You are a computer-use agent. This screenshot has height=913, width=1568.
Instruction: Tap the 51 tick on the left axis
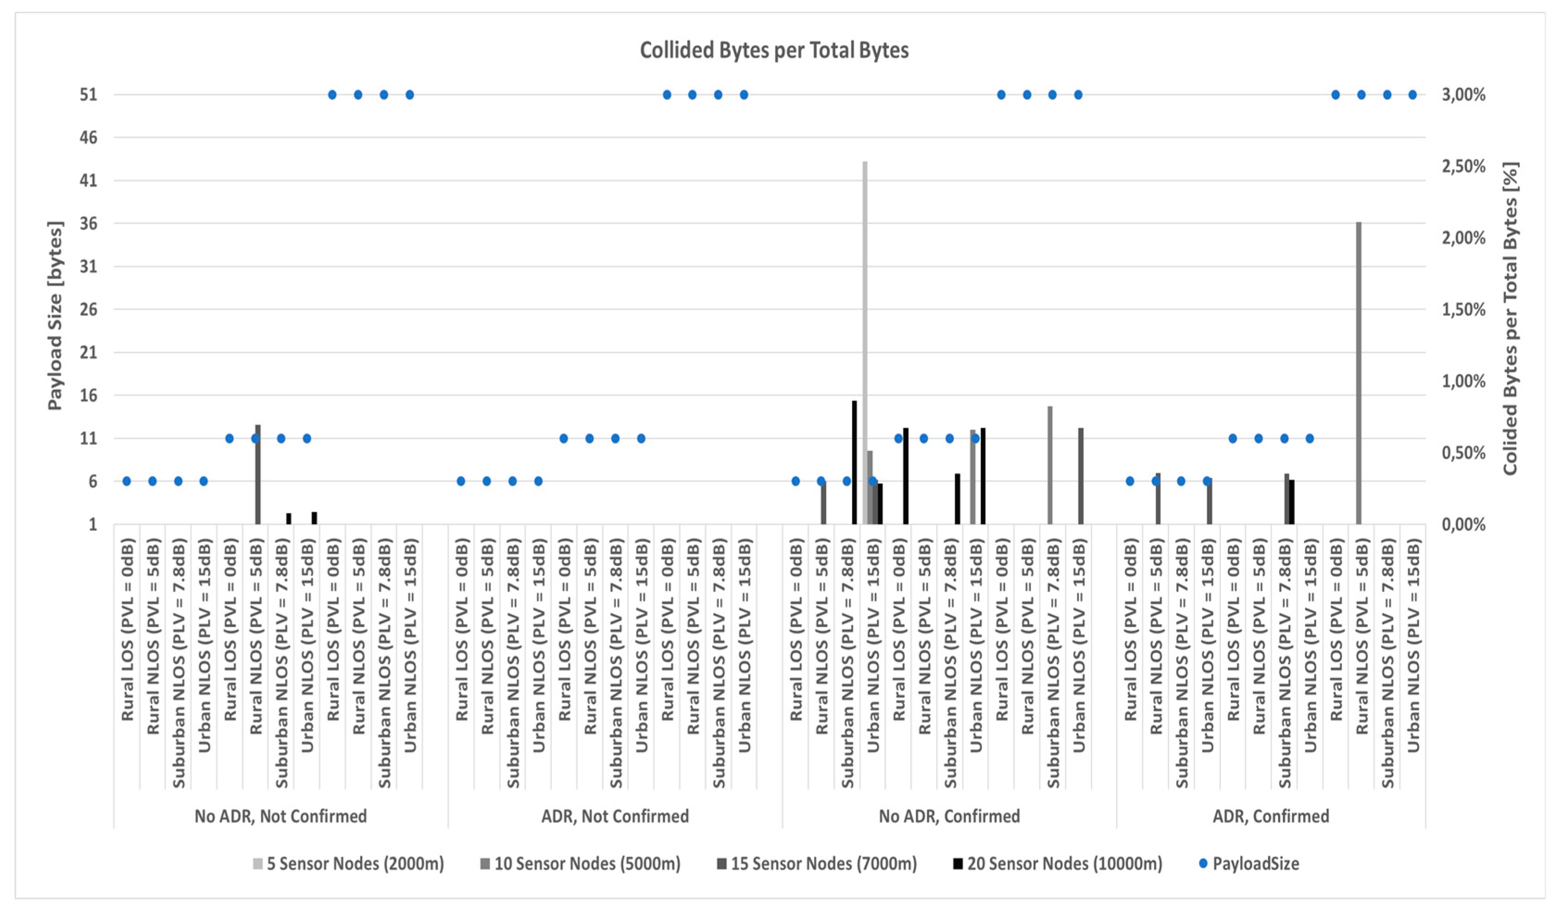(x=88, y=94)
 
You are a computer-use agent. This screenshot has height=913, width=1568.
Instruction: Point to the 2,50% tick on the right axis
(x=1463, y=166)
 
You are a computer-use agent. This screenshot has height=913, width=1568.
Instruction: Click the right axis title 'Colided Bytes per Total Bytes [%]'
(x=1510, y=318)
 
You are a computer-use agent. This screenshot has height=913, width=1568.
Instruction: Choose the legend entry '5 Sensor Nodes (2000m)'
(x=355, y=864)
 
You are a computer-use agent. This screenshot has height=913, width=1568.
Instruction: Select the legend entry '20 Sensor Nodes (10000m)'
(x=1064, y=864)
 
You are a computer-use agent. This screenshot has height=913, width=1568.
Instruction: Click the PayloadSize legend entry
(x=1255, y=864)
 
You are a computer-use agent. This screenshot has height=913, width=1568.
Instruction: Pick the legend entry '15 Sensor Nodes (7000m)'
(x=822, y=864)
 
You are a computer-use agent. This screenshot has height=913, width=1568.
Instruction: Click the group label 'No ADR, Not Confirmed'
(x=281, y=816)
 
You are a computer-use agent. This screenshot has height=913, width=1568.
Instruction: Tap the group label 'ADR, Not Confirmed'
(x=615, y=816)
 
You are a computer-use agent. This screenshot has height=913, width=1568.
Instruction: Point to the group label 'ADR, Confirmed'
(x=1271, y=816)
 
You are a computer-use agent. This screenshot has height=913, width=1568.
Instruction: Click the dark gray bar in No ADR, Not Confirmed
(x=257, y=474)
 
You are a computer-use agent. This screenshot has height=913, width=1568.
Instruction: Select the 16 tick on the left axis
(x=88, y=395)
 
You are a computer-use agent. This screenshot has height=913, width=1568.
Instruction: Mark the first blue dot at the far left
(x=126, y=481)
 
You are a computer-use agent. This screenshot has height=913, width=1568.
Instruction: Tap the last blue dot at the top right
(x=1412, y=94)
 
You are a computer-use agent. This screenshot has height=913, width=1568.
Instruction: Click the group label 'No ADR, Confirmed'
(x=949, y=816)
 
